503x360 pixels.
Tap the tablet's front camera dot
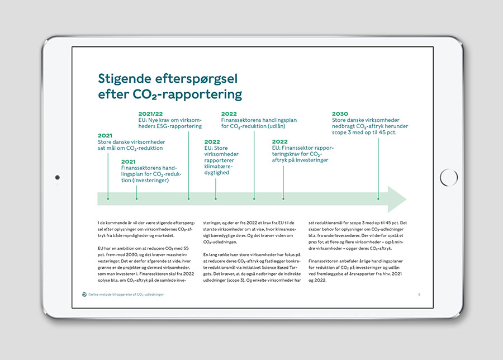[x=57, y=178]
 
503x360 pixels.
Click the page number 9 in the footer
[x=419, y=294]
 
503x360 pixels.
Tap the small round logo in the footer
[x=84, y=294]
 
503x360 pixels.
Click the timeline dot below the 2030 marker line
[x=378, y=198]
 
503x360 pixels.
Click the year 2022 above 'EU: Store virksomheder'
[x=212, y=141]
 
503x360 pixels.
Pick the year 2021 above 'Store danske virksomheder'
[x=105, y=135]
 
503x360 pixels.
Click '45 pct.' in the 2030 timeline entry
[x=385, y=132]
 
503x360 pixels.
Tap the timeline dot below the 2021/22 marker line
[x=188, y=198]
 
